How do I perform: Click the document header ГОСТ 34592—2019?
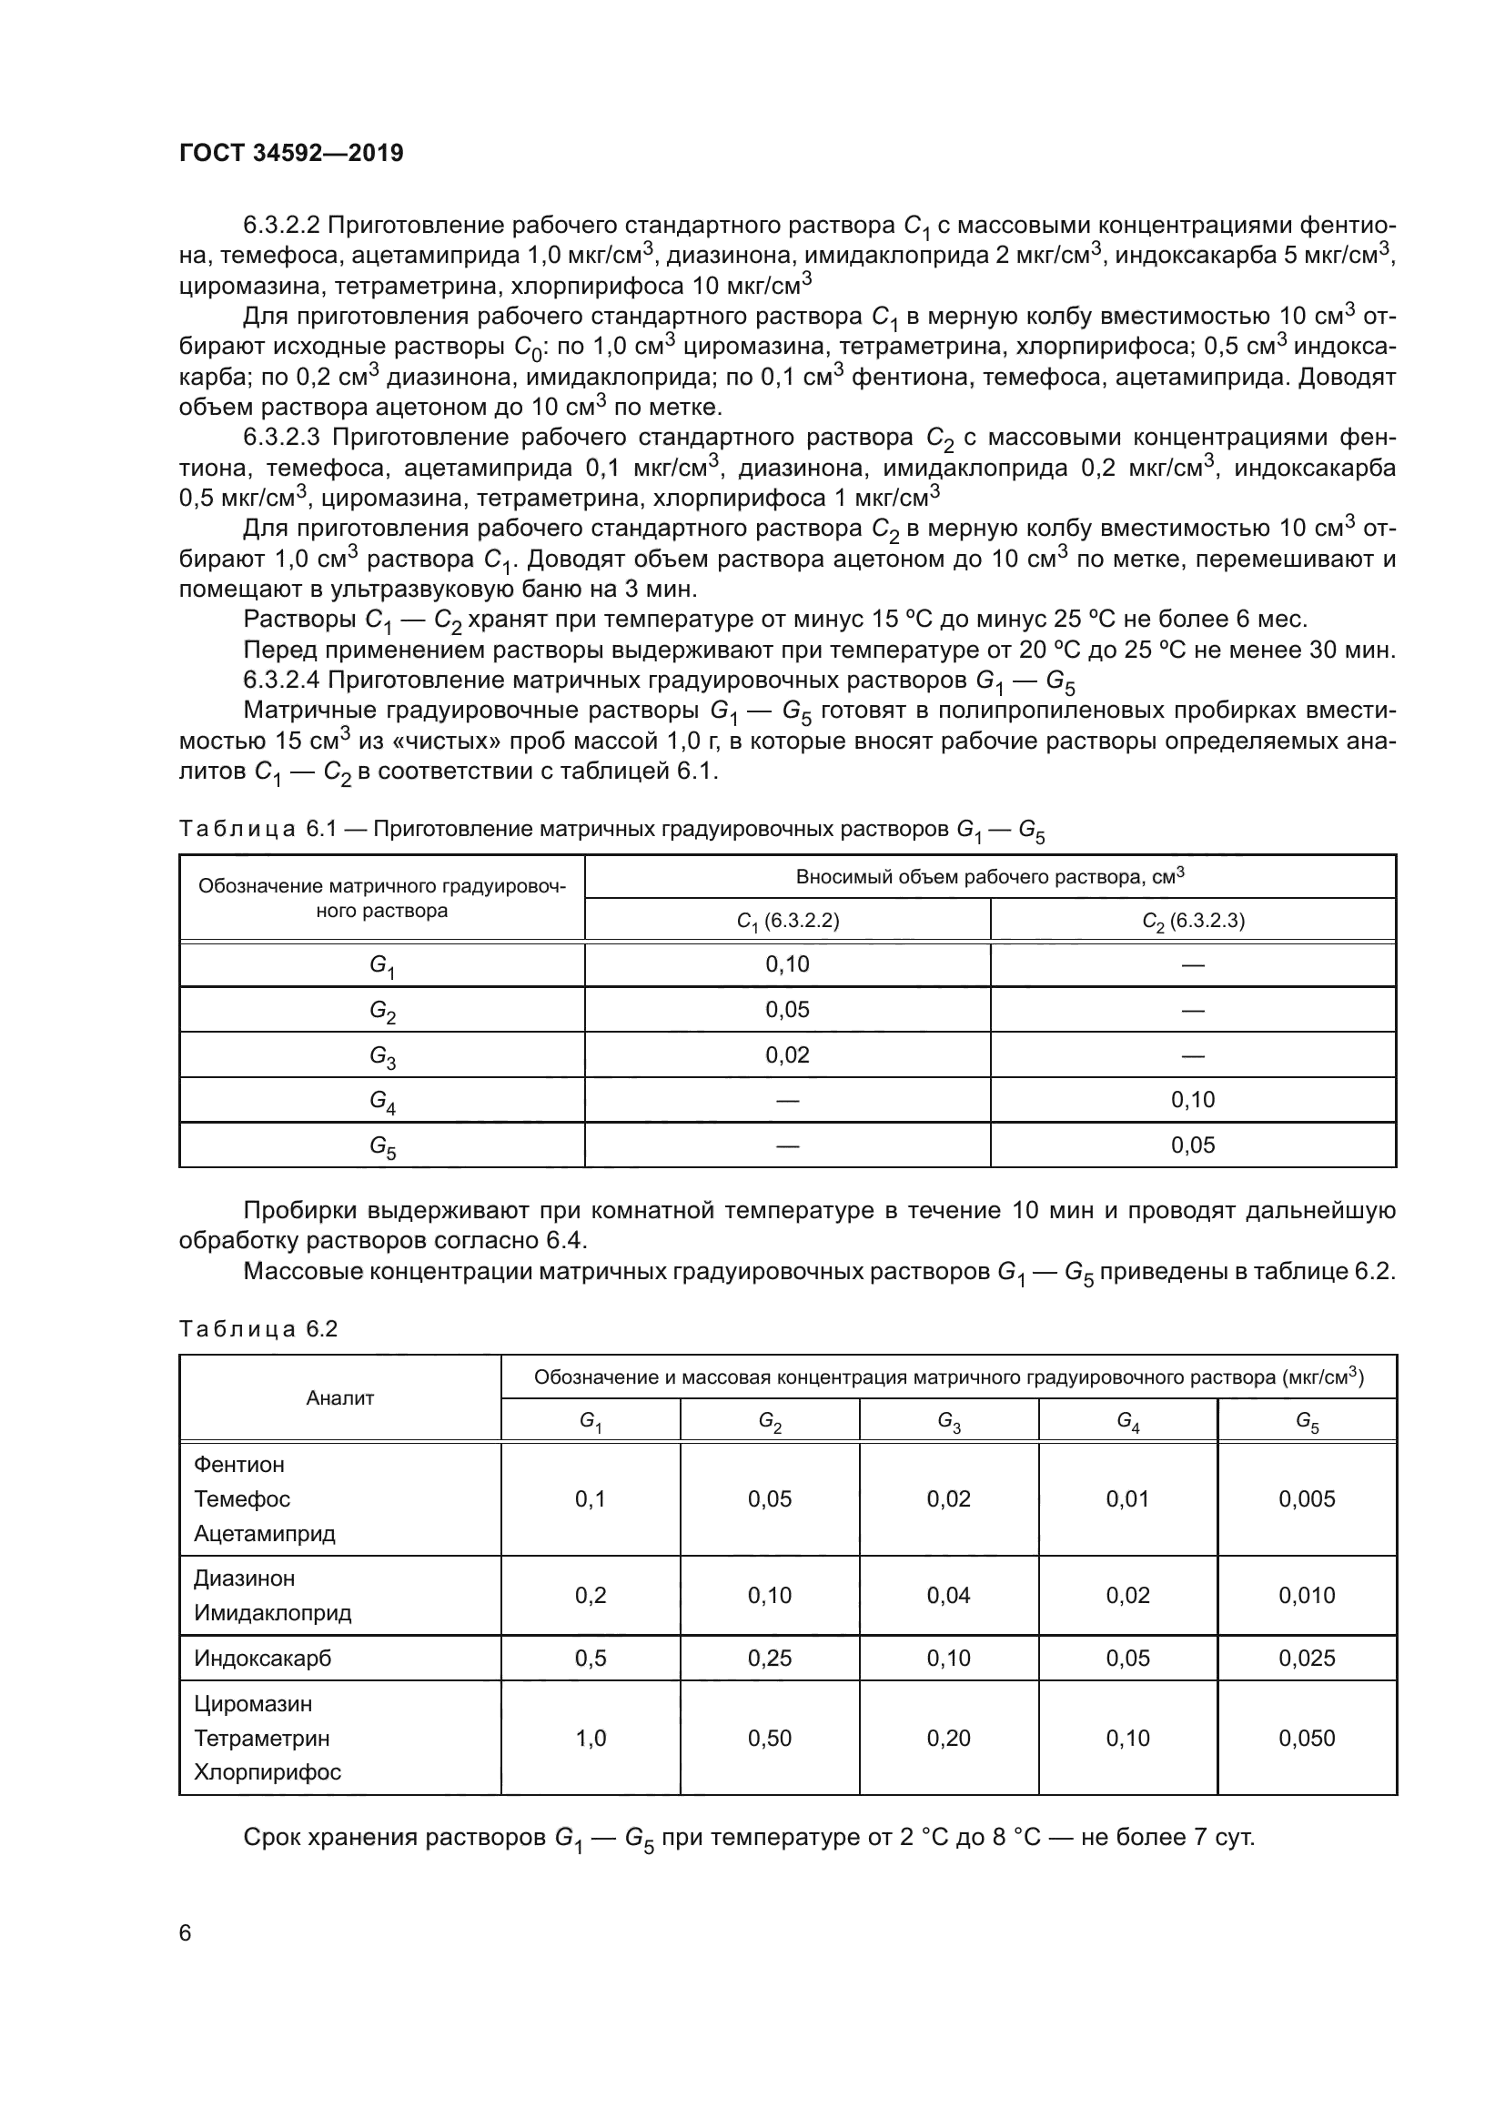click(291, 154)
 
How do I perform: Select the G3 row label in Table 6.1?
click(382, 1055)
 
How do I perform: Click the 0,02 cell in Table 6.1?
click(787, 1054)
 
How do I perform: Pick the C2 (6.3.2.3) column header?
click(1193, 921)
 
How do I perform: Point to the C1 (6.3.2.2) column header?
click(787, 921)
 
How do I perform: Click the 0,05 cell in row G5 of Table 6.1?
click(1193, 1145)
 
